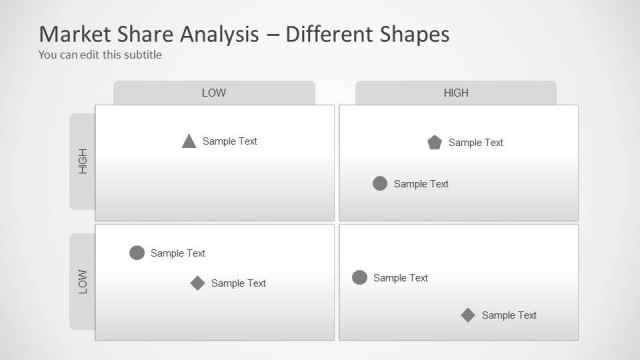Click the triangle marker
pos(189,141)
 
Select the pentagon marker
pos(434,142)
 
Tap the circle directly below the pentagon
pos(380,183)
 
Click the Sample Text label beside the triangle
pos(230,141)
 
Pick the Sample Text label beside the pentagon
pos(476,142)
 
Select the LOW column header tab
pos(214,93)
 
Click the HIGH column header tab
pos(456,93)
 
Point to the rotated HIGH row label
pos(83,161)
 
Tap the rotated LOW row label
pos(83,281)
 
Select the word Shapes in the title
pos(409,33)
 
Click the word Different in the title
pos(324,33)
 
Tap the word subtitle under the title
pos(141,55)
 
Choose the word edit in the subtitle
pos(89,55)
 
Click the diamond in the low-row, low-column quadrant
pos(198,283)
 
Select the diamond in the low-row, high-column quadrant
pos(468,315)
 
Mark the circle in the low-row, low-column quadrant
pos(137,253)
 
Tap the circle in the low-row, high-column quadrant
pos(360,277)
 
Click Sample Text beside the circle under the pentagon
pos(421,184)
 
